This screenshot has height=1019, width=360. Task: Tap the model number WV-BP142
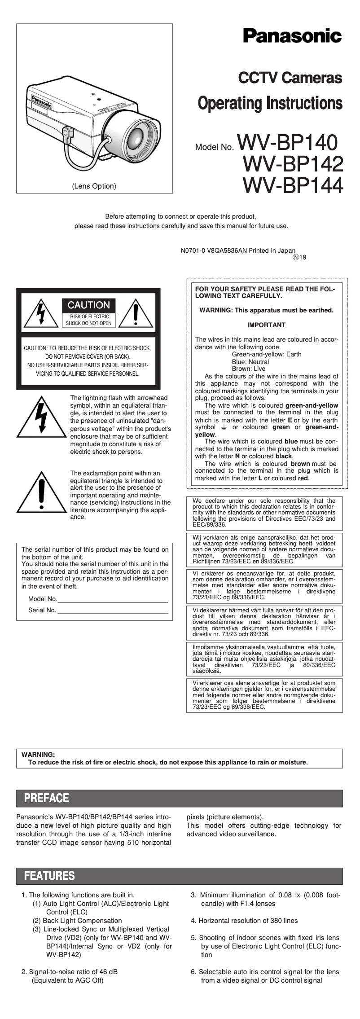click(x=293, y=164)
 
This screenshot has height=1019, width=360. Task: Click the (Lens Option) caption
click(x=94, y=186)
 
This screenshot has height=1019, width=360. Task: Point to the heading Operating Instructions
click(x=270, y=103)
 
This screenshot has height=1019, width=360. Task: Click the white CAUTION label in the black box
click(x=89, y=305)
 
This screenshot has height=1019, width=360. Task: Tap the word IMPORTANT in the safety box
click(x=266, y=325)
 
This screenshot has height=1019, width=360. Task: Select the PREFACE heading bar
click(x=180, y=798)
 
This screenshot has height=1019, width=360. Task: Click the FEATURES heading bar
click(x=180, y=876)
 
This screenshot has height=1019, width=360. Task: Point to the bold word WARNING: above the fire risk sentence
click(x=38, y=755)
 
